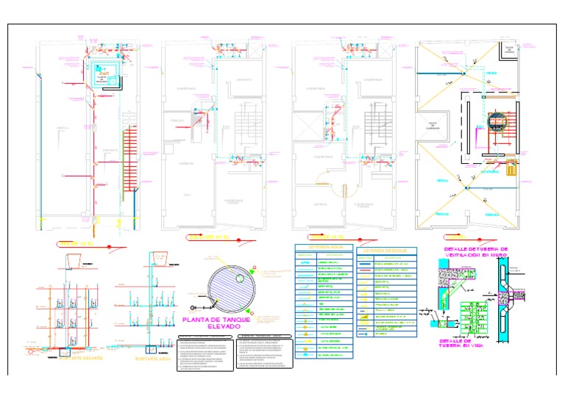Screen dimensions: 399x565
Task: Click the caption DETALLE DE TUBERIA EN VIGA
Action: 465,344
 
